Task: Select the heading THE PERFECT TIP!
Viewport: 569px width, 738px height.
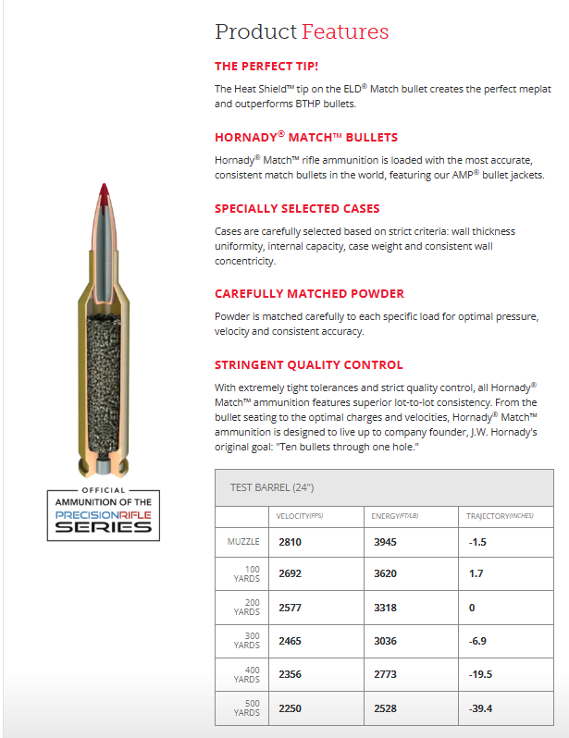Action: [x=266, y=67]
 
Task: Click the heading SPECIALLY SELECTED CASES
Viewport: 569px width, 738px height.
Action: [x=297, y=208]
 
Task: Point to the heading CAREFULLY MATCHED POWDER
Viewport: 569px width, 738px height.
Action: [x=309, y=293]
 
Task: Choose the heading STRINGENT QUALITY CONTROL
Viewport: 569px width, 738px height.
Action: [x=309, y=364]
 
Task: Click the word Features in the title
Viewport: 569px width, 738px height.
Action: [x=345, y=31]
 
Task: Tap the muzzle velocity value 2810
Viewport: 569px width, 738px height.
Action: [x=291, y=542]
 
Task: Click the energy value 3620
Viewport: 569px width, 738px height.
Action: [x=386, y=573]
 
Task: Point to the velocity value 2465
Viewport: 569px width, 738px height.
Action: [x=291, y=640]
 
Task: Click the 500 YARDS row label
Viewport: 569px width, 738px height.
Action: [x=246, y=707]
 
